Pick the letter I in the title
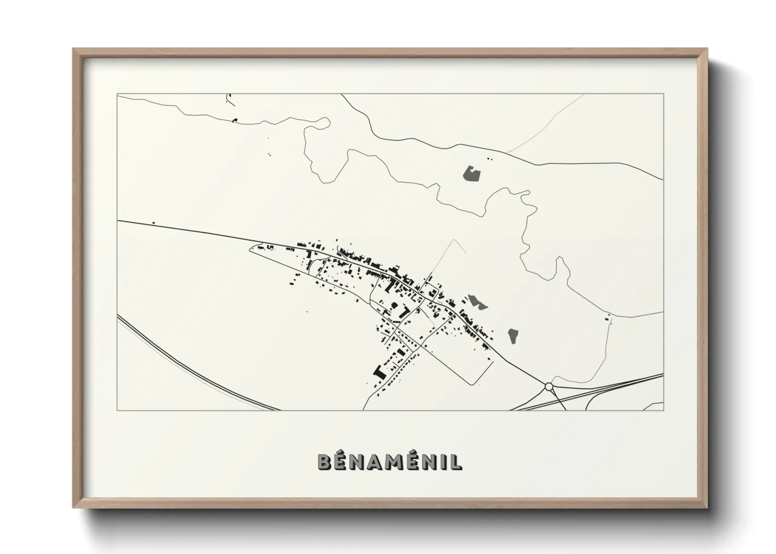coord(445,461)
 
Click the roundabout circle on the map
coord(549,386)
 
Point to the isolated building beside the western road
coord(154,224)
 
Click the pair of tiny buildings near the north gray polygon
coord(490,158)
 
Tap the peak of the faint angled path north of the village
coord(453,240)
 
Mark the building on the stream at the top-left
coord(235,120)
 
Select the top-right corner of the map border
coord(663,94)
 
